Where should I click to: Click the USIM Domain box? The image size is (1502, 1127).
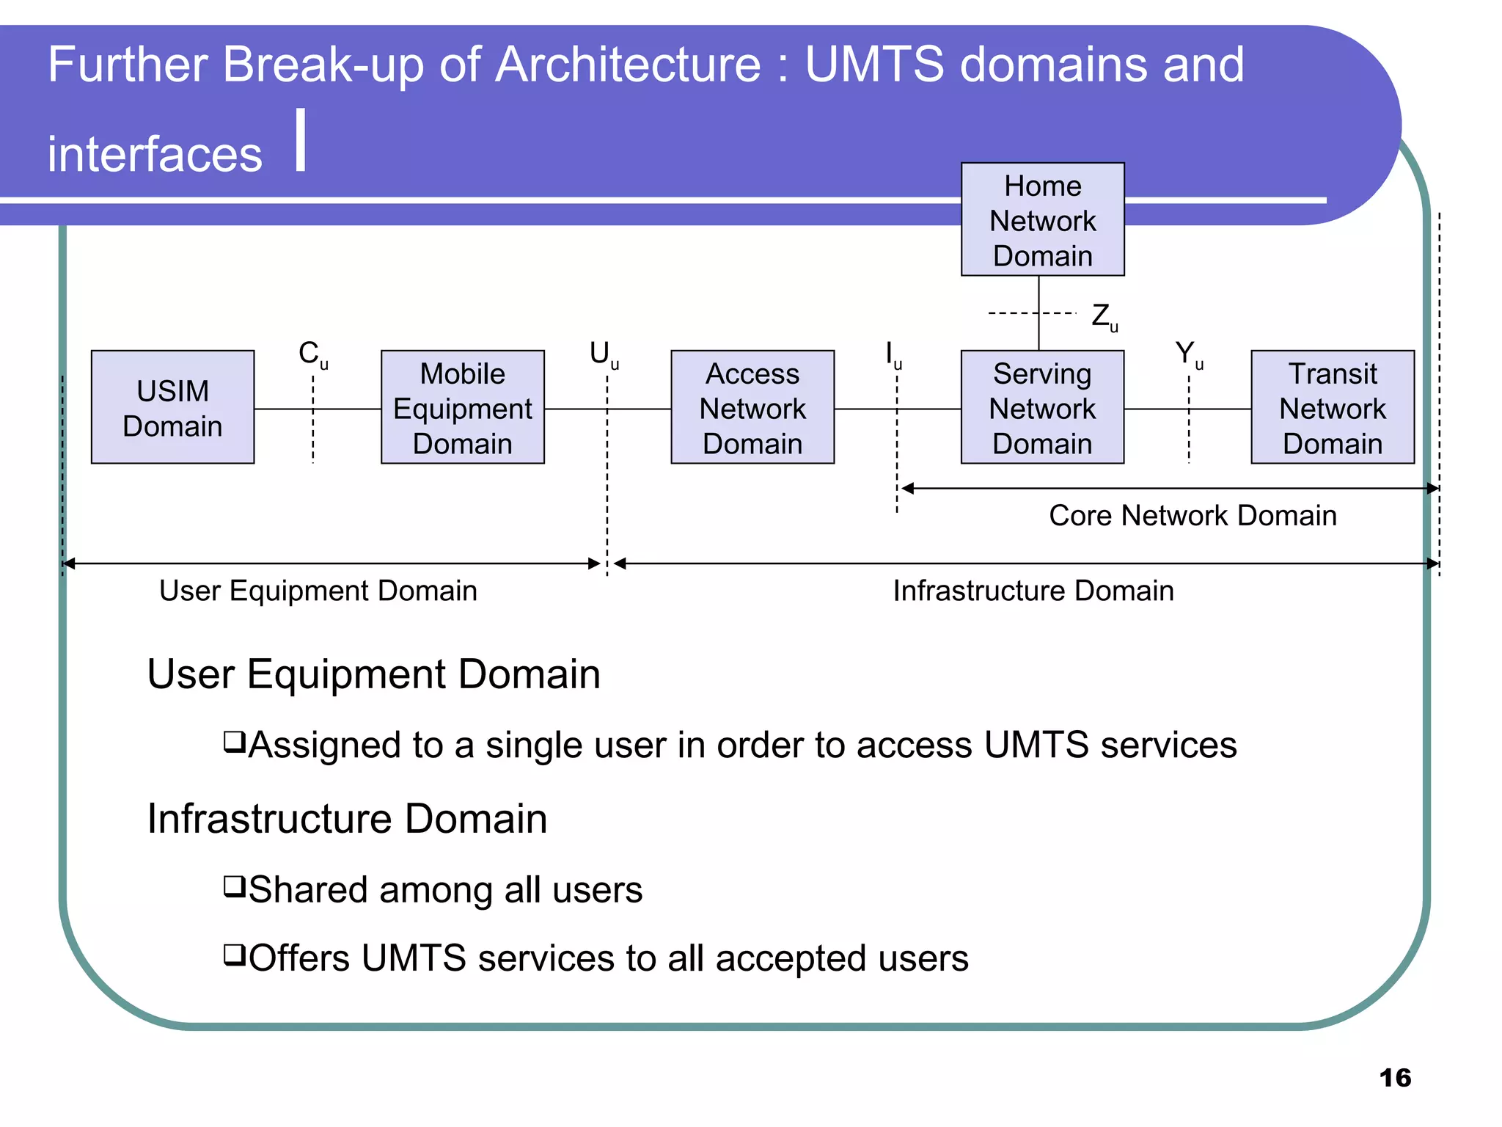172,407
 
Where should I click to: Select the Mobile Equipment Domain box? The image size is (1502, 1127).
462,407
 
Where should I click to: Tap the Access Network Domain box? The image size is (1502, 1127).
752,407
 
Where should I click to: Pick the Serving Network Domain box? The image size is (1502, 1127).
1042,407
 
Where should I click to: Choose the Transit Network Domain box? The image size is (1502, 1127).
1332,407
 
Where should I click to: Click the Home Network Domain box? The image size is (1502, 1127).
1042,219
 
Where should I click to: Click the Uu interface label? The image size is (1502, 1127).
604,354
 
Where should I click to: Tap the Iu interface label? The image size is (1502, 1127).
893,354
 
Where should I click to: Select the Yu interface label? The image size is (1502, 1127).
1188,354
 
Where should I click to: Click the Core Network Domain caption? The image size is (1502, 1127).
1193,515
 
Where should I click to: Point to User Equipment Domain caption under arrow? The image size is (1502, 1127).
318,591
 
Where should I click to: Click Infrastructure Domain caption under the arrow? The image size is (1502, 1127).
1033,591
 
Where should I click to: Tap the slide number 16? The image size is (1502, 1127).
1394,1077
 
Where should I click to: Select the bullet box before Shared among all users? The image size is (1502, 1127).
234,886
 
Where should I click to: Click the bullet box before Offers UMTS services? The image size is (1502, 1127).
234,955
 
